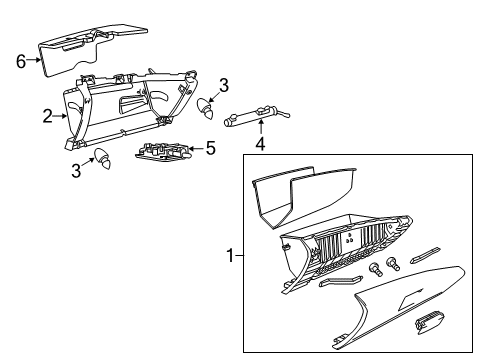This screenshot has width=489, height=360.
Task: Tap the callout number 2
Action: [x=47, y=116]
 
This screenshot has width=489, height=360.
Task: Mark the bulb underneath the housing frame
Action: [x=103, y=159]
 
